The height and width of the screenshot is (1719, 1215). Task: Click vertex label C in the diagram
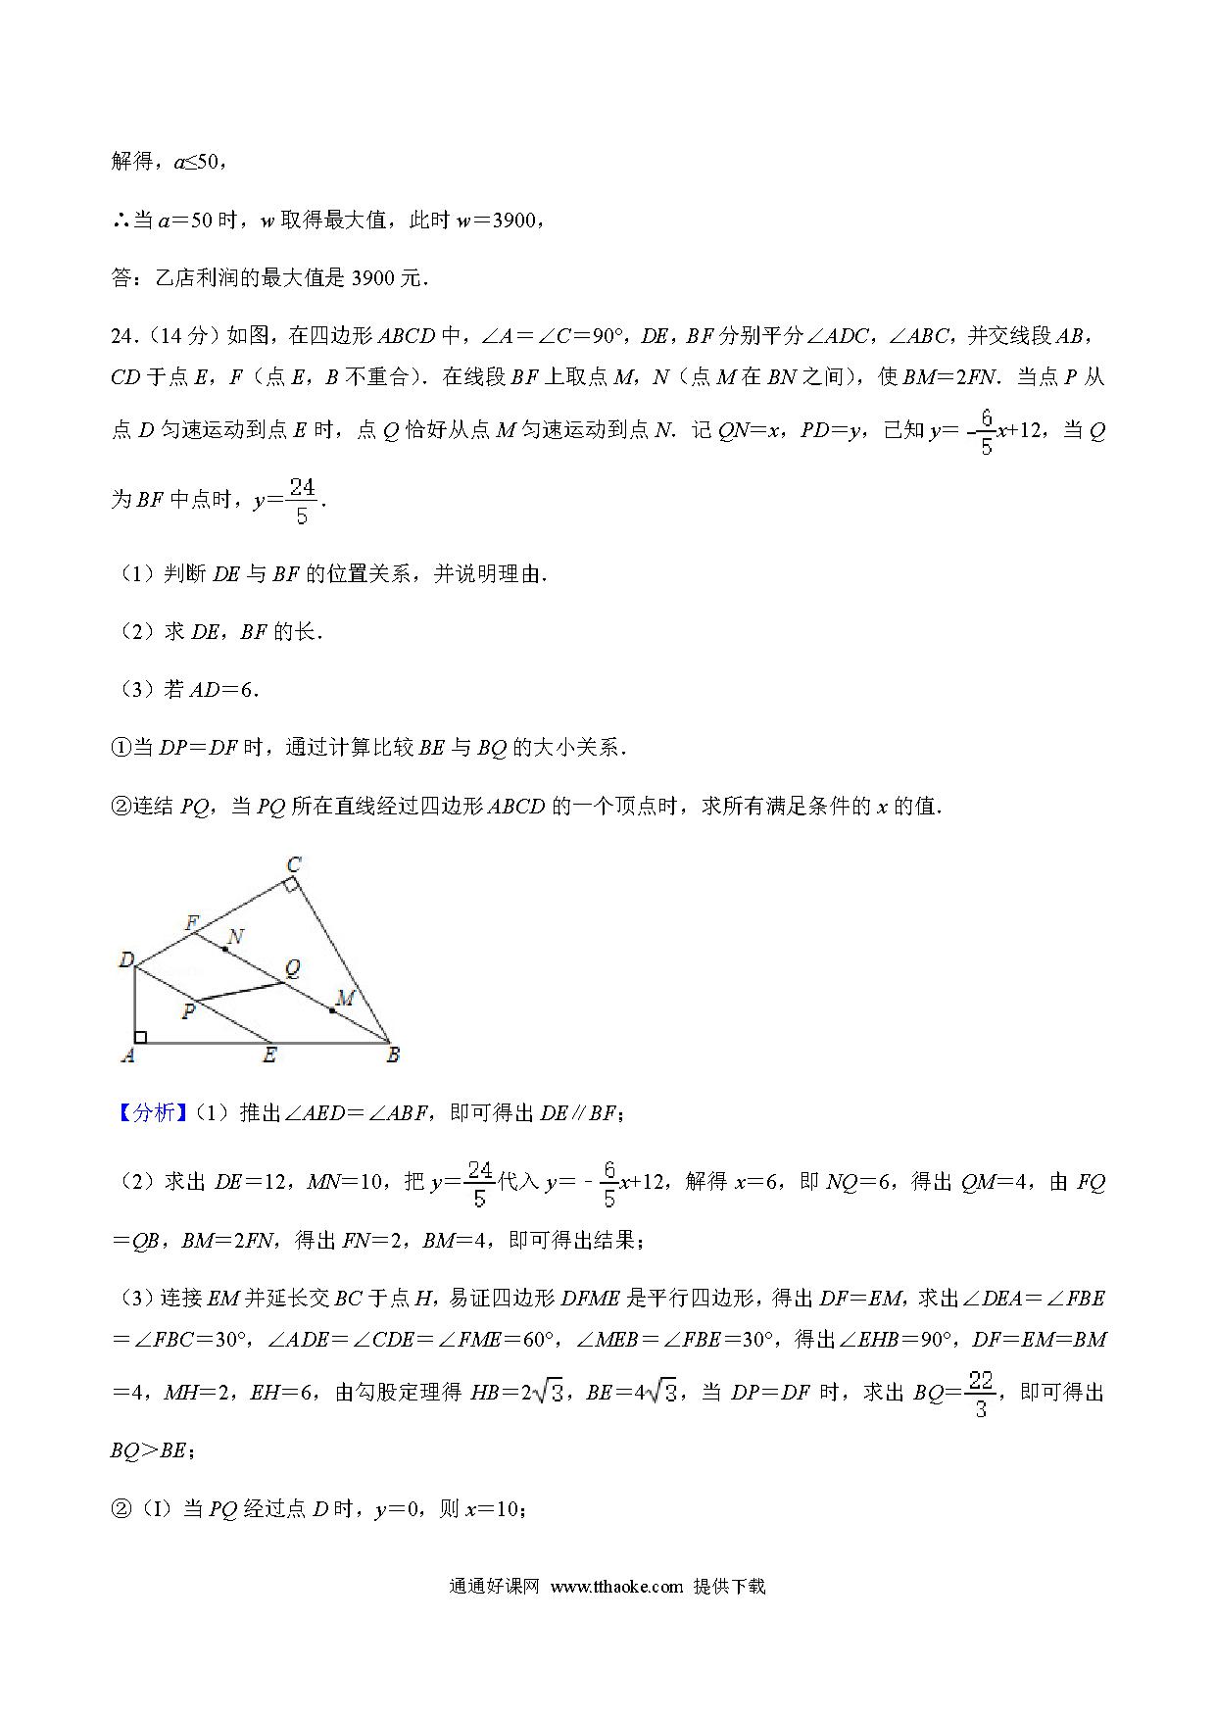(x=293, y=863)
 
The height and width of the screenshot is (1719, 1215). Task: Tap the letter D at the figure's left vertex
(x=125, y=959)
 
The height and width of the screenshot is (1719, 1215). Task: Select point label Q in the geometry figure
(x=292, y=968)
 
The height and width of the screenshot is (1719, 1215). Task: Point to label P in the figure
(x=188, y=1011)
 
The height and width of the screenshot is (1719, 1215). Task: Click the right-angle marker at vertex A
(x=141, y=1037)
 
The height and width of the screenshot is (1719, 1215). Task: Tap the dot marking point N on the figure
(x=225, y=949)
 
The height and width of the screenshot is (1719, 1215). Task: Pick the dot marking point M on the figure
(x=333, y=1009)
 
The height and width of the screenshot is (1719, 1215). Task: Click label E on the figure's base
(x=269, y=1056)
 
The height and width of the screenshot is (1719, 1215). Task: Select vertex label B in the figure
(x=393, y=1056)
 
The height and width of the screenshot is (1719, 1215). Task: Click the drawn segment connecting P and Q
(x=240, y=992)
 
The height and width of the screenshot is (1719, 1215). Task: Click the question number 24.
(x=122, y=336)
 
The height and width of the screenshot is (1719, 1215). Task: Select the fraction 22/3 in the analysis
(x=981, y=1395)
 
